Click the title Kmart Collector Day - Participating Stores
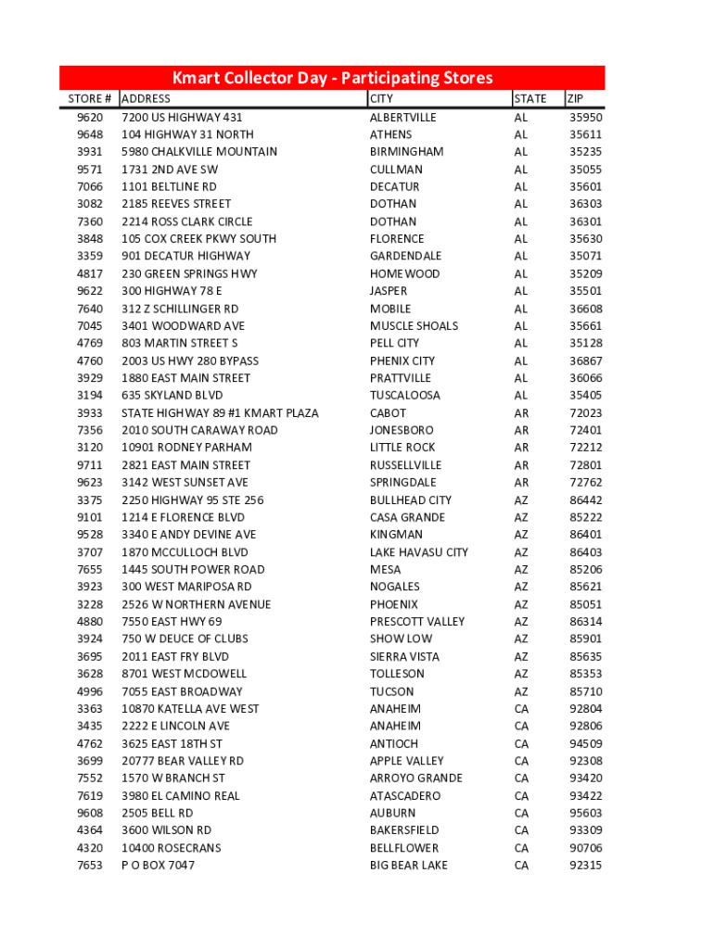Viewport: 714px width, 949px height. pos(332,78)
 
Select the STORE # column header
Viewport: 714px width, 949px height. pos(90,99)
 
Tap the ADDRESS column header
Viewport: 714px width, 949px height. pos(147,99)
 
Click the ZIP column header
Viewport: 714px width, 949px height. pos(576,99)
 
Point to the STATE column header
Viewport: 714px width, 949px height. pos(530,99)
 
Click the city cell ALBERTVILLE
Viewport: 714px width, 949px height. pos(402,118)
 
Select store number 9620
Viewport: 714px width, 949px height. pos(90,118)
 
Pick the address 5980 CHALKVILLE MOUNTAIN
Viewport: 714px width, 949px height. pos(199,152)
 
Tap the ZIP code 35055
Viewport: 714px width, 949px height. pos(585,170)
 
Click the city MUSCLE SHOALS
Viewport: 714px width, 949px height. pos(414,326)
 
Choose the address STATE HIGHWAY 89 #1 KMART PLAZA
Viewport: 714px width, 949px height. pos(220,413)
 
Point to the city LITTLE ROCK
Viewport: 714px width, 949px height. pos(402,448)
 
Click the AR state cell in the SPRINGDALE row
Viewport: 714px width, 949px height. pos(521,483)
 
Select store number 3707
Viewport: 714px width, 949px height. pos(90,552)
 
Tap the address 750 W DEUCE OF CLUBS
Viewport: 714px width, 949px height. pos(186,639)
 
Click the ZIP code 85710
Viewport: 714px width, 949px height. pos(585,691)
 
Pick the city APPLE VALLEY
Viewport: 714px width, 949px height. pos(407,761)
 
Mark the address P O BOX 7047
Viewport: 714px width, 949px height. pos(158,866)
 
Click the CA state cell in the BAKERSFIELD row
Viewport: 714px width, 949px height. pos(521,830)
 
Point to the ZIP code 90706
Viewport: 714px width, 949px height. pos(585,848)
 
